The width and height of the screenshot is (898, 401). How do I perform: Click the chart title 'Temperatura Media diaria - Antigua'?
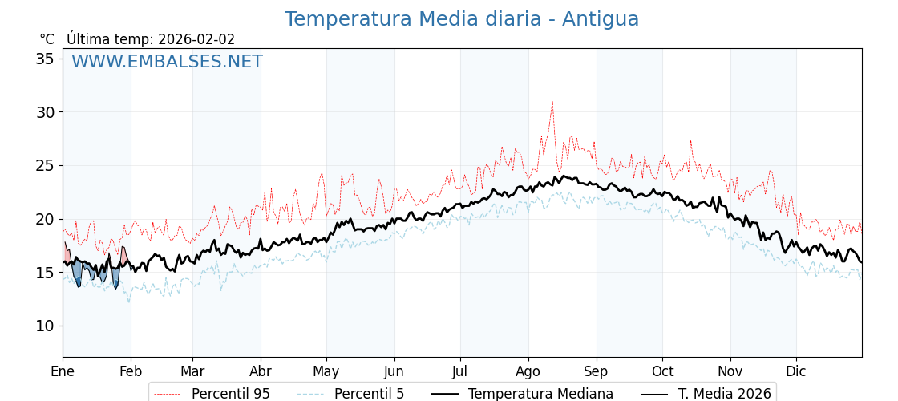pyautogui.click(x=462, y=19)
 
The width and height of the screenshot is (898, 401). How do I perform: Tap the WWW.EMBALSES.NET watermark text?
pyautogui.click(x=167, y=62)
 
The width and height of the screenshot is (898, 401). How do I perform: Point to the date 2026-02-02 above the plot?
pyautogui.click(x=196, y=39)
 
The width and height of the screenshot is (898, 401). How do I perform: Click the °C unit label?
pyautogui.click(x=47, y=39)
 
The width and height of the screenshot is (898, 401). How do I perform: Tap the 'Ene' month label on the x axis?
pyautogui.click(x=63, y=371)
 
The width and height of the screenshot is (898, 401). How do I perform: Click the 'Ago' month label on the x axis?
pyautogui.click(x=528, y=371)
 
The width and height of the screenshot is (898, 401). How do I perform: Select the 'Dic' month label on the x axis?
pyautogui.click(x=796, y=371)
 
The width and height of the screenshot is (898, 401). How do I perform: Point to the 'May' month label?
pyautogui.click(x=326, y=371)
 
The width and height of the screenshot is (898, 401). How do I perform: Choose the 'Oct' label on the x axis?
pyautogui.click(x=662, y=371)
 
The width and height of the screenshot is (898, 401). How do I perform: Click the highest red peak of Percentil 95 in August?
pyautogui.click(x=552, y=102)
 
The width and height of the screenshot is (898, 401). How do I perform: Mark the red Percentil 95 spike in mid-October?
pyautogui.click(x=690, y=141)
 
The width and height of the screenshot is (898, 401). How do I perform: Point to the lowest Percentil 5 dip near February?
pyautogui.click(x=129, y=302)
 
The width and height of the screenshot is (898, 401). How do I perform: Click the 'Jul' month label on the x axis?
pyautogui.click(x=460, y=371)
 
